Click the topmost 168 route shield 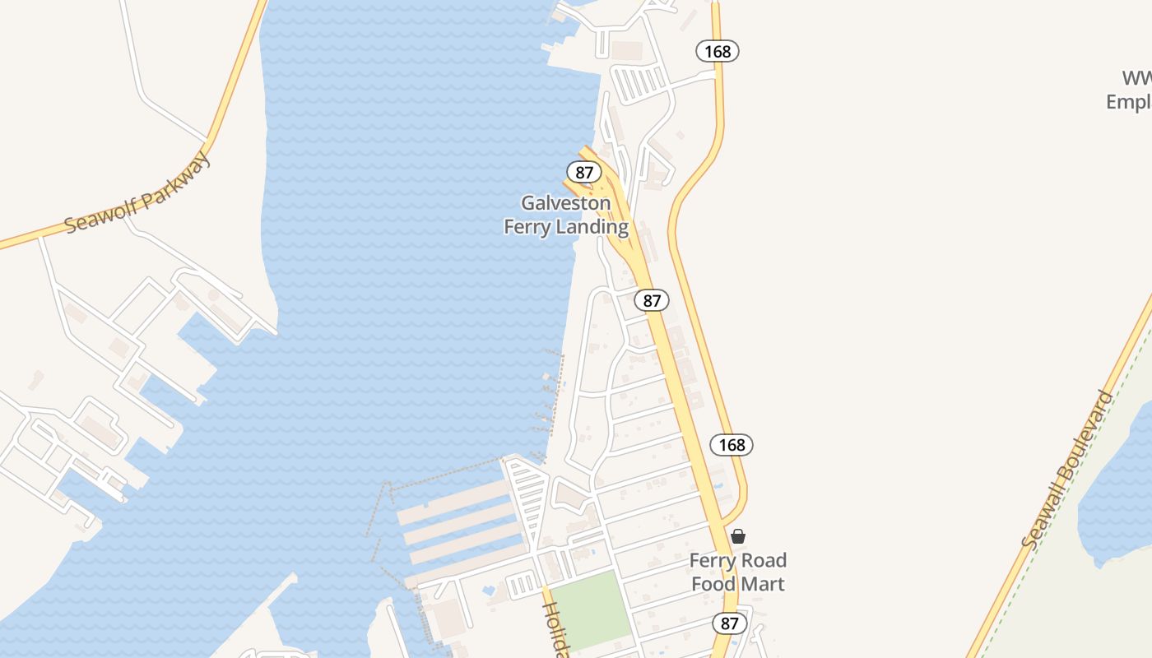point(718,51)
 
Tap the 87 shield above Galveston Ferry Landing point(584,173)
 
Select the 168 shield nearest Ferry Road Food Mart point(732,445)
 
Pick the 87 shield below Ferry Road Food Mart point(730,623)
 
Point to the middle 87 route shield point(652,301)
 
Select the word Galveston point(566,203)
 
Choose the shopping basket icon point(738,536)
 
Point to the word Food point(713,584)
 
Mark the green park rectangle point(589,609)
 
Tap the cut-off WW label point(1137,79)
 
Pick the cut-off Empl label point(1129,102)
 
